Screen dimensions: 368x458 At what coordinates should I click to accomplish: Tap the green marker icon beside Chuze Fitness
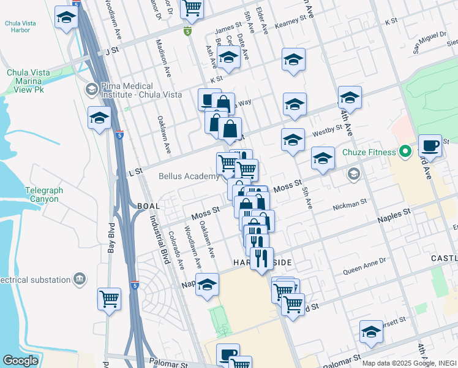click(405, 151)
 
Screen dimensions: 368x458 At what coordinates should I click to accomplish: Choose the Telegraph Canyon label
click(44, 195)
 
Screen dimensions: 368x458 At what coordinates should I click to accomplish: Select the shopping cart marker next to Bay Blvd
click(110, 299)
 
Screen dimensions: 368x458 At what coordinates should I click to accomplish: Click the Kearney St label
click(291, 20)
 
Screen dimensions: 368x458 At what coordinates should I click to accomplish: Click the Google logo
click(20, 361)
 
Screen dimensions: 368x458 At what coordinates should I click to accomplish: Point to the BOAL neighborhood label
click(149, 206)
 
